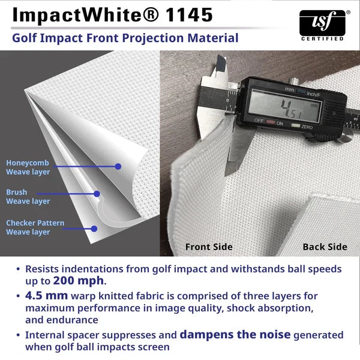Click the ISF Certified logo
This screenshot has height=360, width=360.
point(324,25)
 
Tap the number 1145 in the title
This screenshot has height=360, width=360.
point(189,15)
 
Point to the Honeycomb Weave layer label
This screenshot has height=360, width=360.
point(28,167)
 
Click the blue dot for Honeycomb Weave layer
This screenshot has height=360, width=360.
point(118,166)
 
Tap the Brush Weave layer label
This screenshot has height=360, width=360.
point(28,197)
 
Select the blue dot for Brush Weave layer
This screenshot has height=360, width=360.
point(97,194)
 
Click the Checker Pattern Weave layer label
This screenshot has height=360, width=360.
point(35,227)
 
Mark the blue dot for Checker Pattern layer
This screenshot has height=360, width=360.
point(94,229)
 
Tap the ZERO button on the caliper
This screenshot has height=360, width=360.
point(307,127)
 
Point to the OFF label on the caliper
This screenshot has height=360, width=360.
point(258,121)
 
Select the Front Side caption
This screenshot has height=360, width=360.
point(209,247)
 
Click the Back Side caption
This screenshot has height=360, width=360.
point(325,247)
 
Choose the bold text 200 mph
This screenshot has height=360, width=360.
point(78,281)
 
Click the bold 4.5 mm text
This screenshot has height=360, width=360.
point(46,295)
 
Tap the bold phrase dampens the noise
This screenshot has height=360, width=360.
point(235,335)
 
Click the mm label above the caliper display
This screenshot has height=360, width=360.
point(289,89)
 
